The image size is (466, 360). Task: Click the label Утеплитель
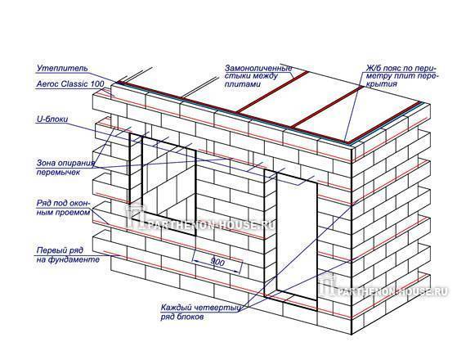[x=62, y=68]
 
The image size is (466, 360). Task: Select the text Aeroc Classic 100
[x=70, y=84]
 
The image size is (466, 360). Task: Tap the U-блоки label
[x=52, y=119]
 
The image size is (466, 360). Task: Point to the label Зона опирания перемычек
[x=65, y=168]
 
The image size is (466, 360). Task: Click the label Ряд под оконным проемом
[x=63, y=208]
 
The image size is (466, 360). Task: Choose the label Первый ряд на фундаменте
[x=68, y=255]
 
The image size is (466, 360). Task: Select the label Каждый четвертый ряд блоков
[x=200, y=312]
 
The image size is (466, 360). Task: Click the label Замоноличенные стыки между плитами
[x=258, y=76]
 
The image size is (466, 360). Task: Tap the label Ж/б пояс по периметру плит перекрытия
[x=403, y=76]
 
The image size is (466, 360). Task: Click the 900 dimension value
[x=217, y=262]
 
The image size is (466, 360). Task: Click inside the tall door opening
[x=297, y=235]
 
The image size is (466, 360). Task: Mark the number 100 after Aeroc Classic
[x=97, y=84]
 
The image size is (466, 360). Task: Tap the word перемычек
[x=58, y=173]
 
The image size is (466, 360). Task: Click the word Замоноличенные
[x=258, y=69]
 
